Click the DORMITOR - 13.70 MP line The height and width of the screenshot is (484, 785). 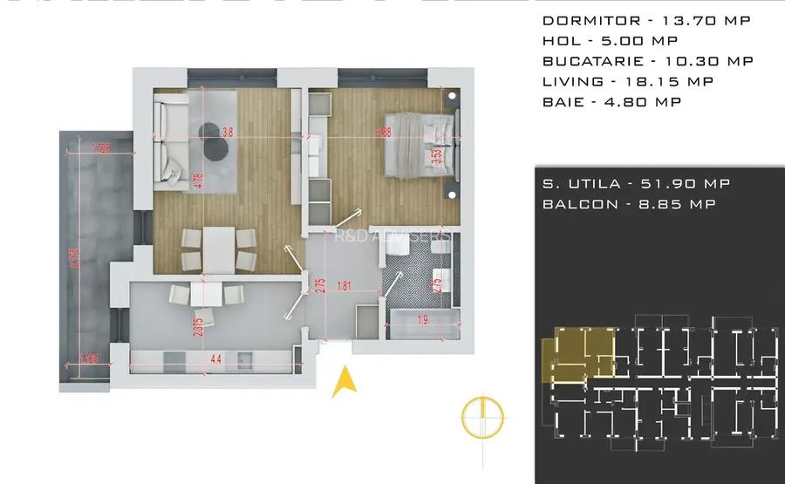click(647, 20)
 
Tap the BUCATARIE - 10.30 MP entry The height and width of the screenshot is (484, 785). click(647, 61)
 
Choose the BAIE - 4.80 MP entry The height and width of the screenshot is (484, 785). click(611, 102)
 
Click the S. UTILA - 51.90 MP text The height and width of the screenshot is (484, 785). click(636, 184)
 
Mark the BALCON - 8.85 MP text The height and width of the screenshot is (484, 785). click(629, 205)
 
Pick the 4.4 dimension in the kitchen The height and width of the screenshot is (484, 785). click(215, 357)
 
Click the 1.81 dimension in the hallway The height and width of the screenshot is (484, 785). click(345, 285)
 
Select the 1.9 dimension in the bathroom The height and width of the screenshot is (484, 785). click(422, 320)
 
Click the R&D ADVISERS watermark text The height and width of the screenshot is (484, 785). click(392, 235)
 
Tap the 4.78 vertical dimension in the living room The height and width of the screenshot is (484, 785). click(198, 181)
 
